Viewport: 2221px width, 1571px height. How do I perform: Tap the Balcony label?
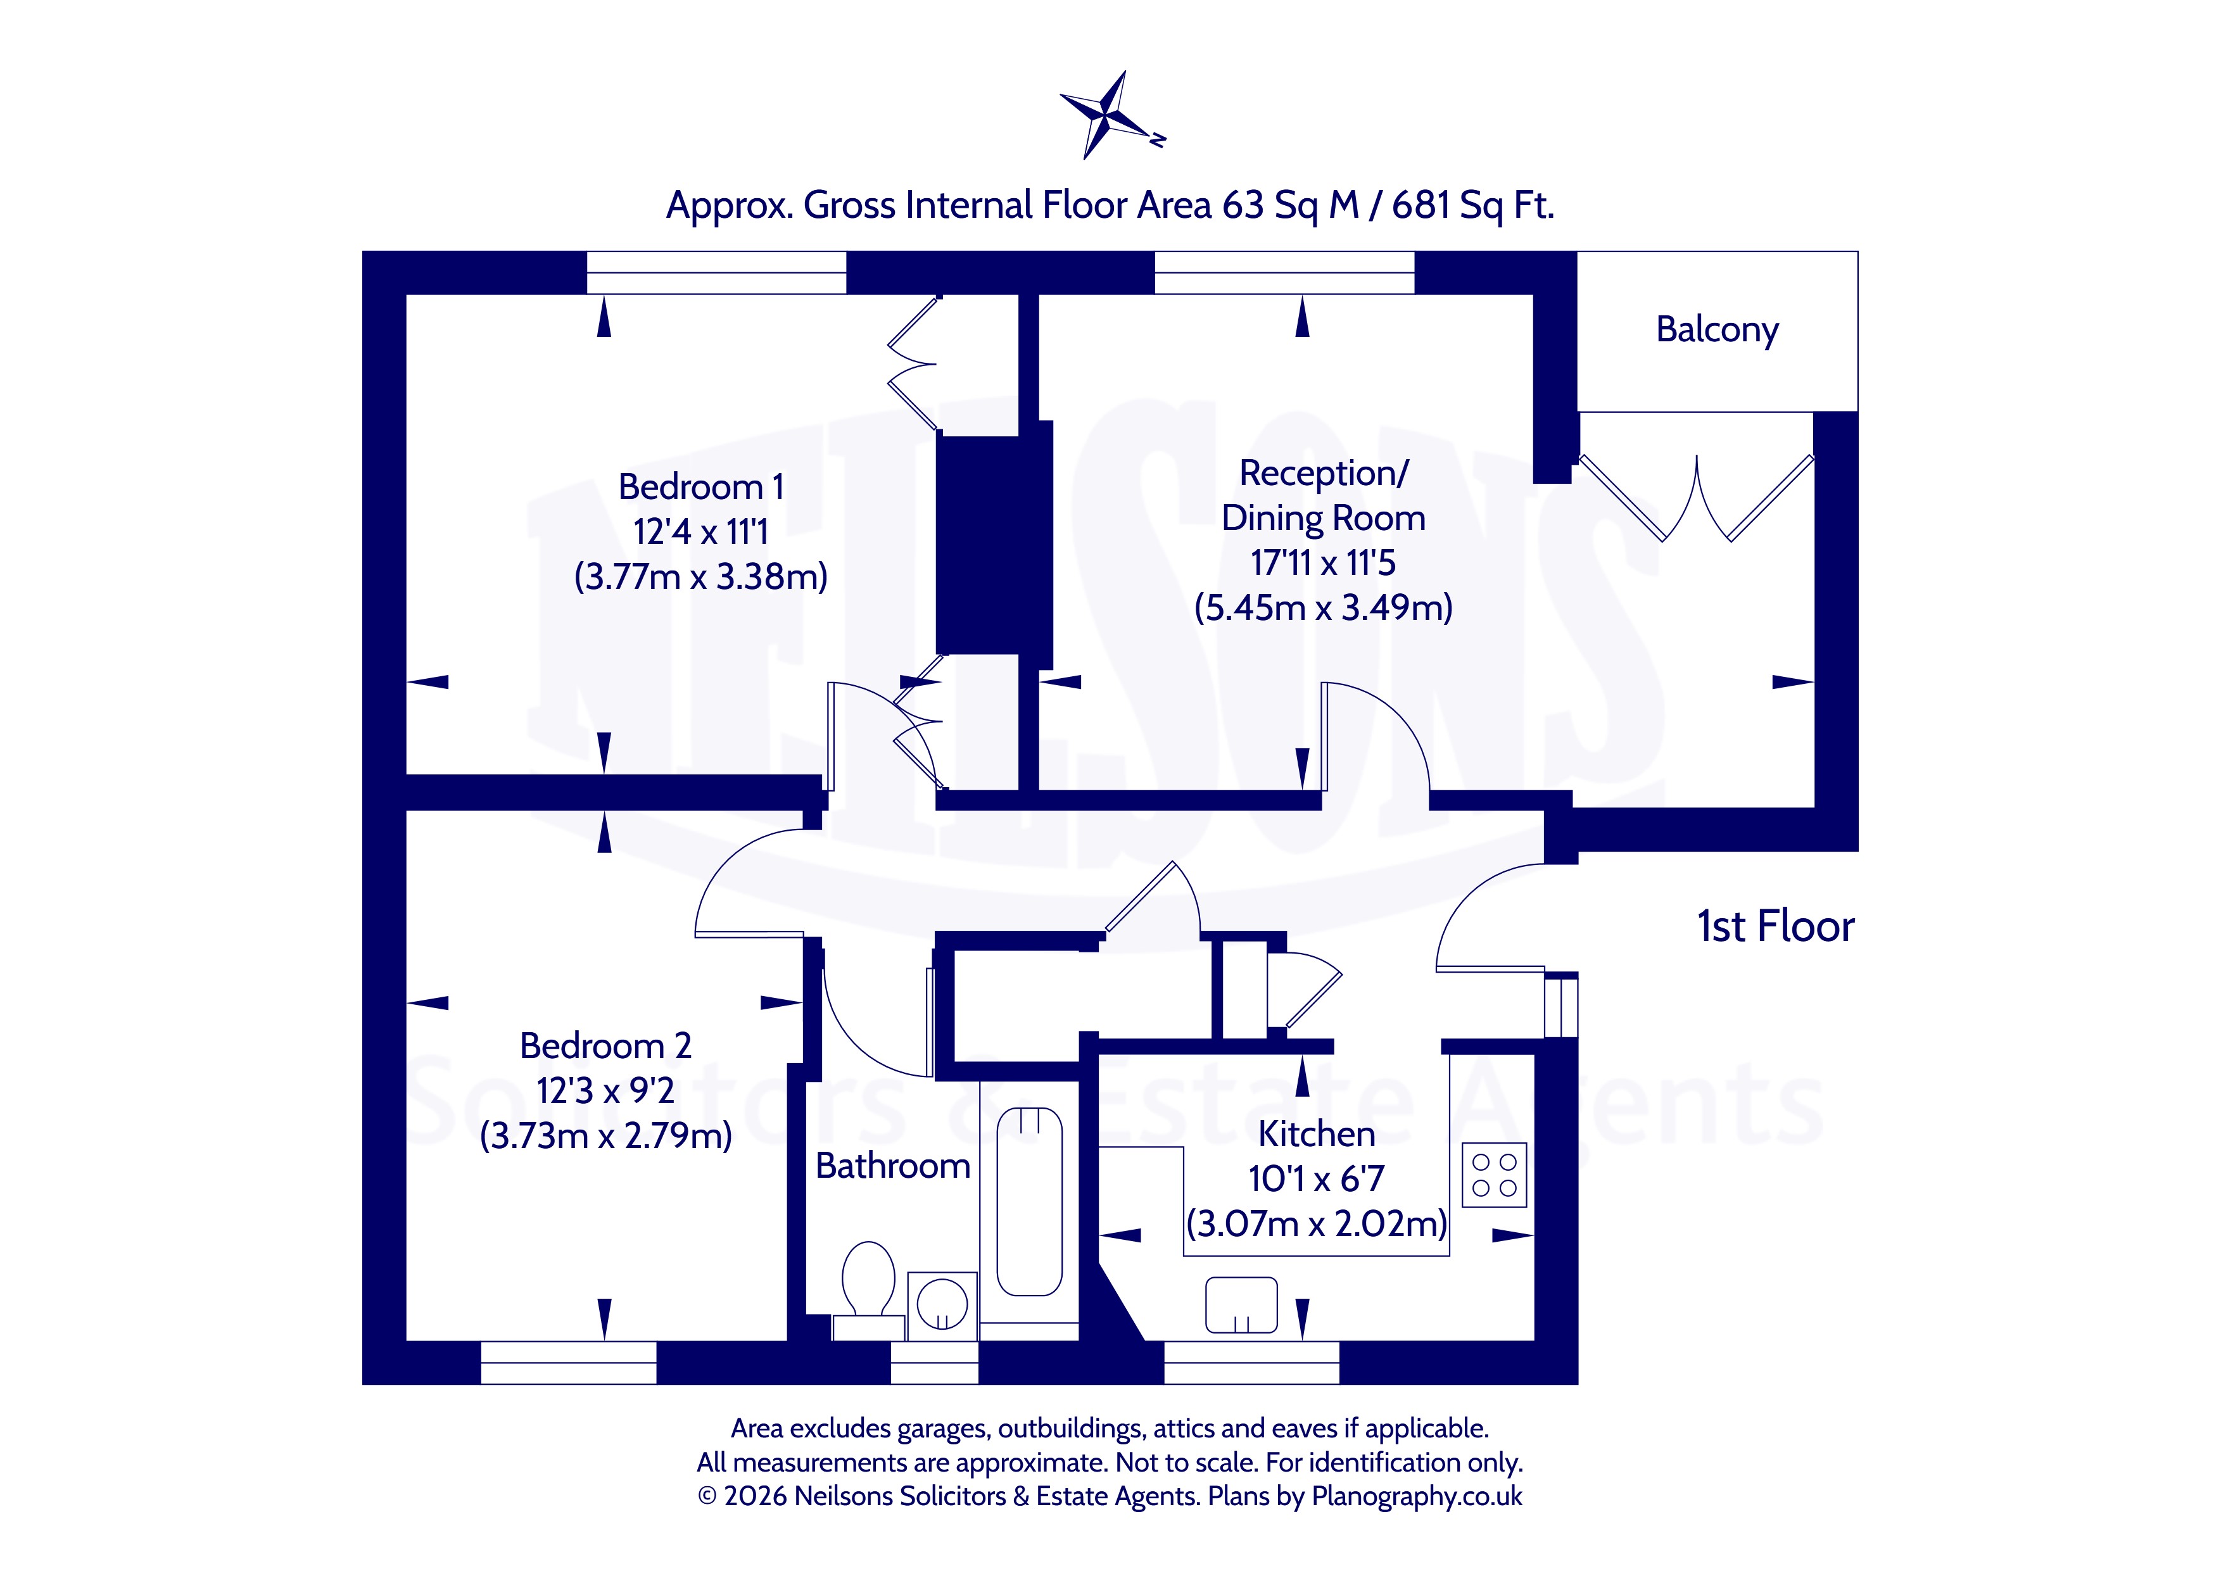[1717, 330]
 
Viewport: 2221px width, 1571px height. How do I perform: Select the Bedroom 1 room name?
[700, 486]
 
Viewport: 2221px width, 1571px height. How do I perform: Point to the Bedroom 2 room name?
[605, 1045]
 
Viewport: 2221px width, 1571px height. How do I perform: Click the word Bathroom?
[893, 1166]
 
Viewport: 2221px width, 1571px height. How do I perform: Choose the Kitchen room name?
[1317, 1133]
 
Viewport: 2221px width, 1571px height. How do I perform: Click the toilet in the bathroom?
[868, 1290]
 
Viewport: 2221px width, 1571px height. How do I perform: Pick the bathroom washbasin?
[942, 1306]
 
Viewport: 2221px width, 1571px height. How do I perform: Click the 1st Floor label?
[1776, 927]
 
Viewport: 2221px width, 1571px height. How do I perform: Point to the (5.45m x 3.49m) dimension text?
[1324, 607]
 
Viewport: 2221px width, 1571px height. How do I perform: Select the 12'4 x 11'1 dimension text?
[700, 531]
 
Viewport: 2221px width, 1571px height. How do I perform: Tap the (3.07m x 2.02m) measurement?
[1317, 1224]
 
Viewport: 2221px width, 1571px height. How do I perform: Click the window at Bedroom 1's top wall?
[717, 273]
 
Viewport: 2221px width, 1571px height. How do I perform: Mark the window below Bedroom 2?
[569, 1362]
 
